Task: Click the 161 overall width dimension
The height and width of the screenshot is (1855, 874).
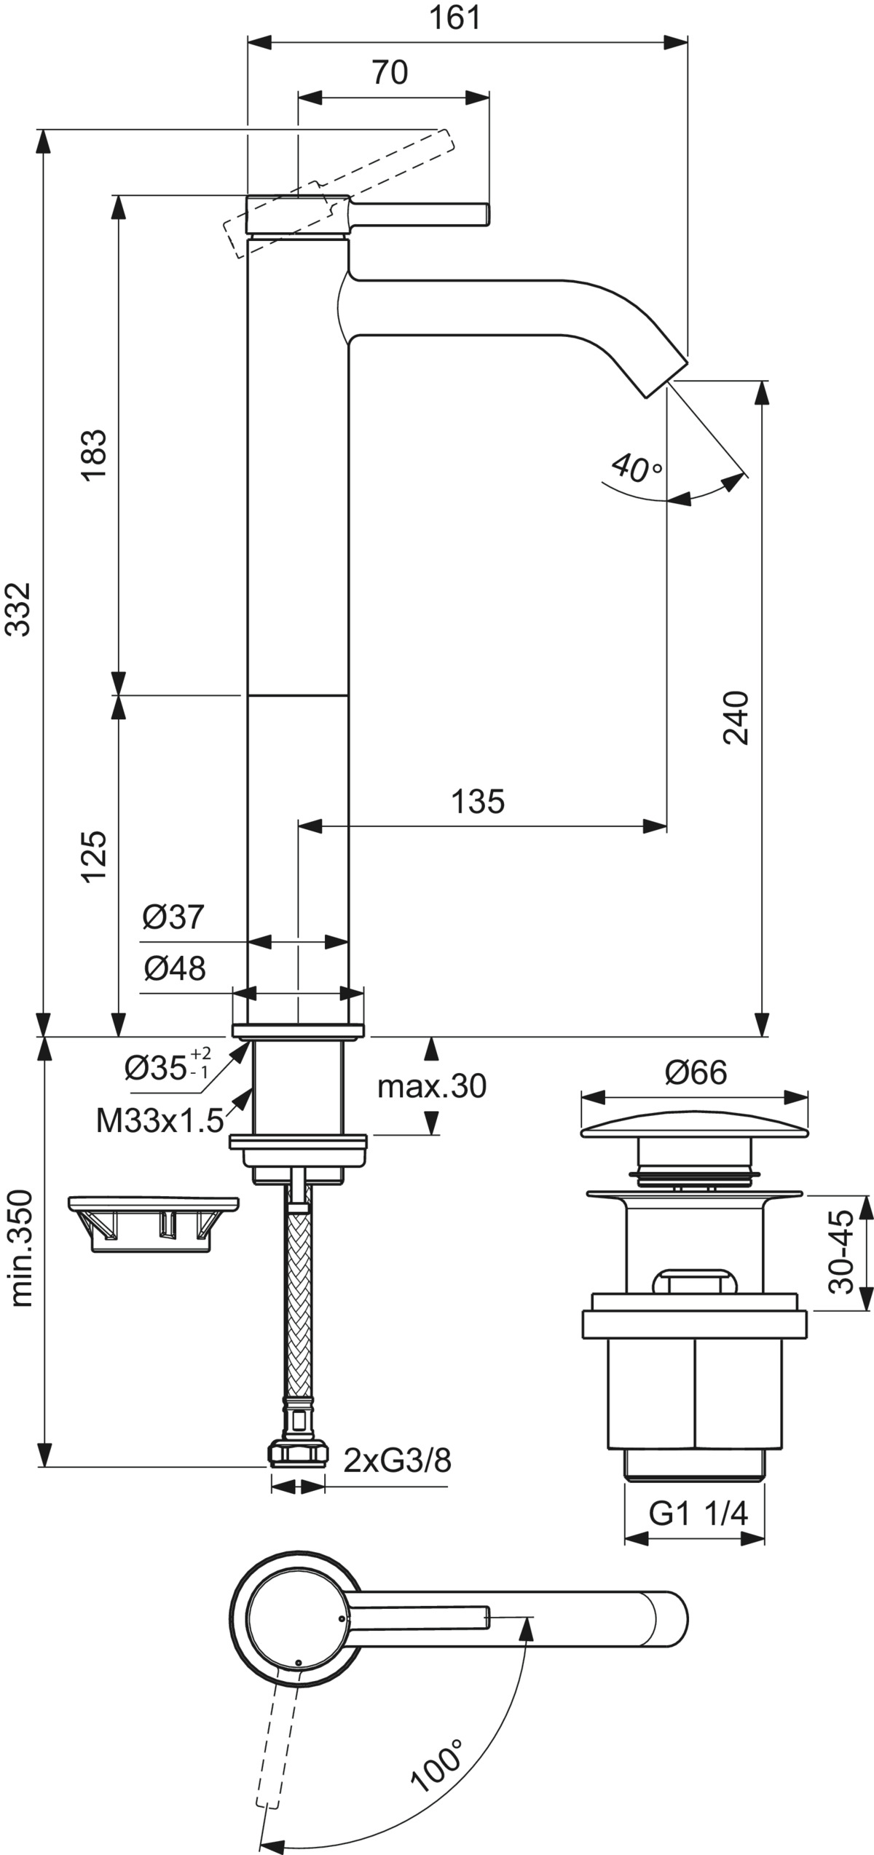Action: (x=455, y=17)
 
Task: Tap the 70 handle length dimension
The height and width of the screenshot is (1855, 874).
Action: (x=390, y=73)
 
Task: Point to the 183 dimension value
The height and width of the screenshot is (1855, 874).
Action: (x=94, y=454)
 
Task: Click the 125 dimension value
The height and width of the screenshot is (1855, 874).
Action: (x=94, y=856)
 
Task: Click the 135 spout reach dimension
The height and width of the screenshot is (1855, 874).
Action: (x=478, y=802)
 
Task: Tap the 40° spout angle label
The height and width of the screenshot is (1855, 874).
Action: (x=636, y=468)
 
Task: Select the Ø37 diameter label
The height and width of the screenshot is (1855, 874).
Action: (x=173, y=917)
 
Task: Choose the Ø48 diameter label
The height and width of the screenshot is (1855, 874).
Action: (x=175, y=968)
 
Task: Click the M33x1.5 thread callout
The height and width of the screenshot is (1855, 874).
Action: (x=160, y=1121)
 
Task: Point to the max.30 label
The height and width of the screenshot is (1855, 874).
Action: (x=432, y=1087)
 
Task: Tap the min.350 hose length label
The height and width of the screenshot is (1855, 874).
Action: (x=20, y=1247)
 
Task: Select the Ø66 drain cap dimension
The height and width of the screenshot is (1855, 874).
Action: (x=696, y=1072)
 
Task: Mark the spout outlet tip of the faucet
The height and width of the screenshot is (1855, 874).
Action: (x=666, y=379)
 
